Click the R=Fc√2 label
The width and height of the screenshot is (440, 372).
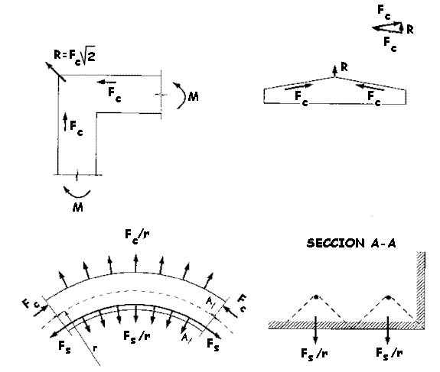tap(74, 55)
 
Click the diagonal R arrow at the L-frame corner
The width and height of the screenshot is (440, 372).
tap(55, 72)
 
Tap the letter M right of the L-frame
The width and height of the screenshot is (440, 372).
tap(194, 97)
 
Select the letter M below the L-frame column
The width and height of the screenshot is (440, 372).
tap(78, 207)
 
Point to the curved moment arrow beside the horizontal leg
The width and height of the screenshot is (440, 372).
tap(181, 95)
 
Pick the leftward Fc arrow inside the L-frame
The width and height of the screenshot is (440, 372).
tap(106, 82)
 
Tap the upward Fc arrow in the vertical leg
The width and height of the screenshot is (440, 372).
tap(65, 121)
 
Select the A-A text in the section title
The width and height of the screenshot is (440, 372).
tap(383, 244)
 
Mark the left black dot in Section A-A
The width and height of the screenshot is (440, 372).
tap(316, 297)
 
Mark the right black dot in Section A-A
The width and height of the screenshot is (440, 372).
tap(388, 297)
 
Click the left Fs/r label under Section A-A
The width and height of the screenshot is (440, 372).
tap(315, 354)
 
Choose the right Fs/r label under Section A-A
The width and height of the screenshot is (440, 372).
tap(389, 353)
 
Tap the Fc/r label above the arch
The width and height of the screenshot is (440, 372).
tap(137, 236)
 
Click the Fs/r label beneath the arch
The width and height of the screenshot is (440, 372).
tap(137, 336)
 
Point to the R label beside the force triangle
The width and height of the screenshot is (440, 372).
tap(409, 29)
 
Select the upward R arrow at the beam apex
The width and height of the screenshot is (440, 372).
tap(334, 71)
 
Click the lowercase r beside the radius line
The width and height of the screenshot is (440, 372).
tap(96, 348)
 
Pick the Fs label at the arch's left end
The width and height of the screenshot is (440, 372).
tap(64, 347)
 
